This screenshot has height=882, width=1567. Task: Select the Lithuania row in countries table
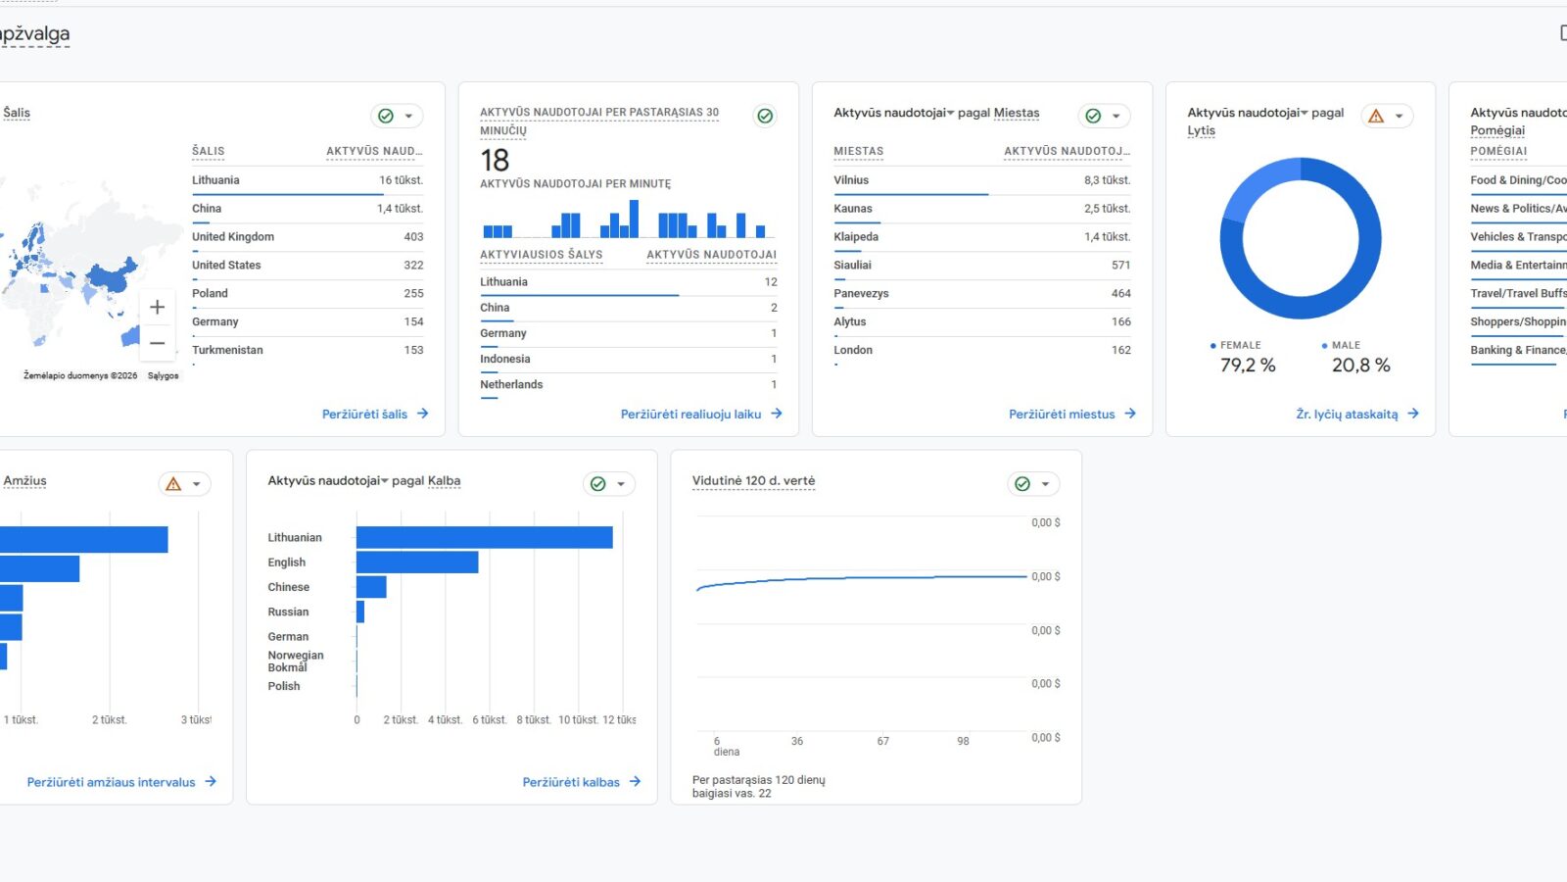click(x=215, y=180)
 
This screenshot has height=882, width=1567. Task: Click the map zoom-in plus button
click(x=157, y=308)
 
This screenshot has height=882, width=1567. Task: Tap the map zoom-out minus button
click(x=157, y=343)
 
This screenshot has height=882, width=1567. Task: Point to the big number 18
click(x=495, y=160)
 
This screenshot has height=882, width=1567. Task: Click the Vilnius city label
click(x=851, y=180)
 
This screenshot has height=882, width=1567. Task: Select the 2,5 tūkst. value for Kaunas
click(x=1107, y=209)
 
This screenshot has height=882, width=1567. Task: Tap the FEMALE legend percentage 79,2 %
click(x=1248, y=366)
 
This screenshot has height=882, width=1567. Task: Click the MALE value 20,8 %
click(x=1360, y=366)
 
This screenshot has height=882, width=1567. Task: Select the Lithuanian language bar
click(x=484, y=537)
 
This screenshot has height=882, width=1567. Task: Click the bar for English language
click(x=417, y=562)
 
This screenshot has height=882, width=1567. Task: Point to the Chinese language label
click(x=289, y=587)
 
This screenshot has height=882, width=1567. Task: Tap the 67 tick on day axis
click(x=882, y=741)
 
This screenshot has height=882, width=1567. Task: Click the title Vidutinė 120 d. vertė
click(x=753, y=480)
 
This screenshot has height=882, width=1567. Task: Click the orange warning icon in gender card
click(x=1376, y=116)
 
